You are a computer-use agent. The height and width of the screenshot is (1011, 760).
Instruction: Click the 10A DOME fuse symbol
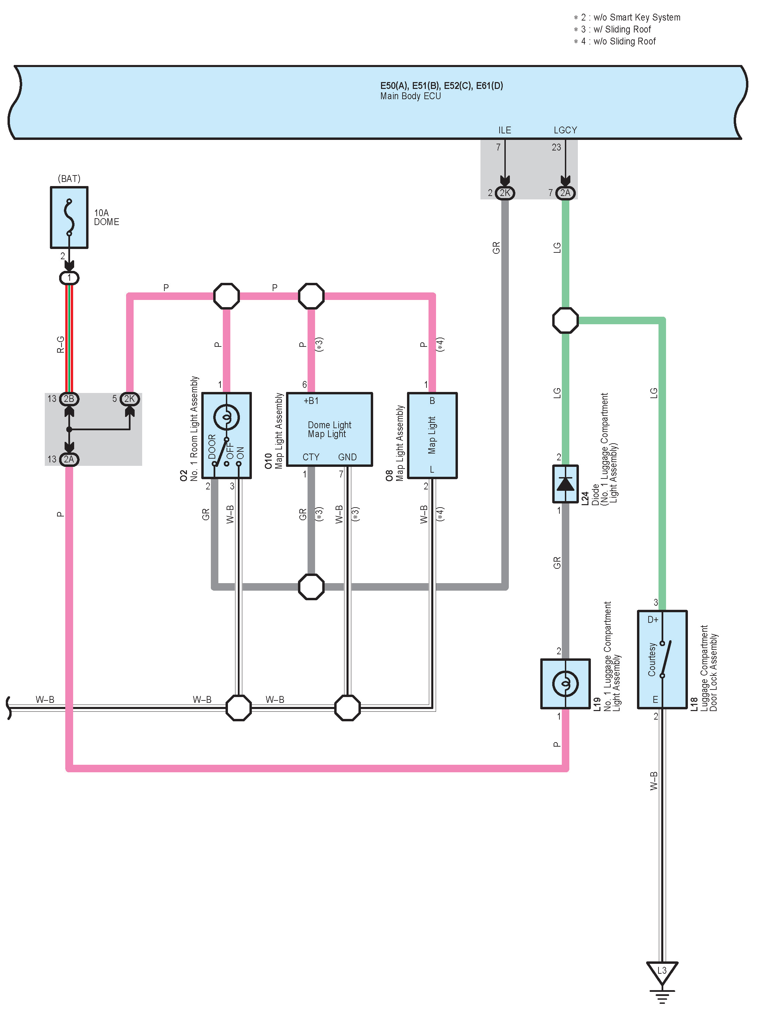coord(69,218)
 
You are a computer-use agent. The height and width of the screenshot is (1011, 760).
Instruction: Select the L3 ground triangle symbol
coord(662,973)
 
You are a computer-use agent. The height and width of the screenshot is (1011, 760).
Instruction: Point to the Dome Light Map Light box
coord(329,429)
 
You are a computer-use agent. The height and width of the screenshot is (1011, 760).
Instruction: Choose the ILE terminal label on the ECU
coord(504,130)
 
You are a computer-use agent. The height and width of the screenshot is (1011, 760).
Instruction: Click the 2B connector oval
coord(69,398)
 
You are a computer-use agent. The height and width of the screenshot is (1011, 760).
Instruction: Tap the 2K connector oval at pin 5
coord(130,398)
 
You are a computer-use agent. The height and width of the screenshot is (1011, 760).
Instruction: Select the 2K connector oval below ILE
coord(505,193)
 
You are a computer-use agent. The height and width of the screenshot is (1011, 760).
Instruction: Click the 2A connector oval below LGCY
coord(566,193)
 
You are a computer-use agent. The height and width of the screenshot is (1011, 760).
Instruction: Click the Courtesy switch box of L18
coord(662,659)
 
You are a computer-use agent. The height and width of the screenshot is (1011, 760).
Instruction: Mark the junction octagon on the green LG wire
coord(566,320)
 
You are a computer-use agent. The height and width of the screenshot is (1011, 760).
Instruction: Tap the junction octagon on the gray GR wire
coord(311,587)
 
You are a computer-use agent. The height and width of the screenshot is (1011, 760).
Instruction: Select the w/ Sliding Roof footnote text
coord(622,29)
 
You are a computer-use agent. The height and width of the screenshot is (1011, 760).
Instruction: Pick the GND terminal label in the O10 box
coord(347,457)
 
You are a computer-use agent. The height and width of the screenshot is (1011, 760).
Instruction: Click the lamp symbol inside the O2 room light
coord(226,417)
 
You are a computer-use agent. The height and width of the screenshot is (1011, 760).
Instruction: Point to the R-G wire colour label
coord(60,345)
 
